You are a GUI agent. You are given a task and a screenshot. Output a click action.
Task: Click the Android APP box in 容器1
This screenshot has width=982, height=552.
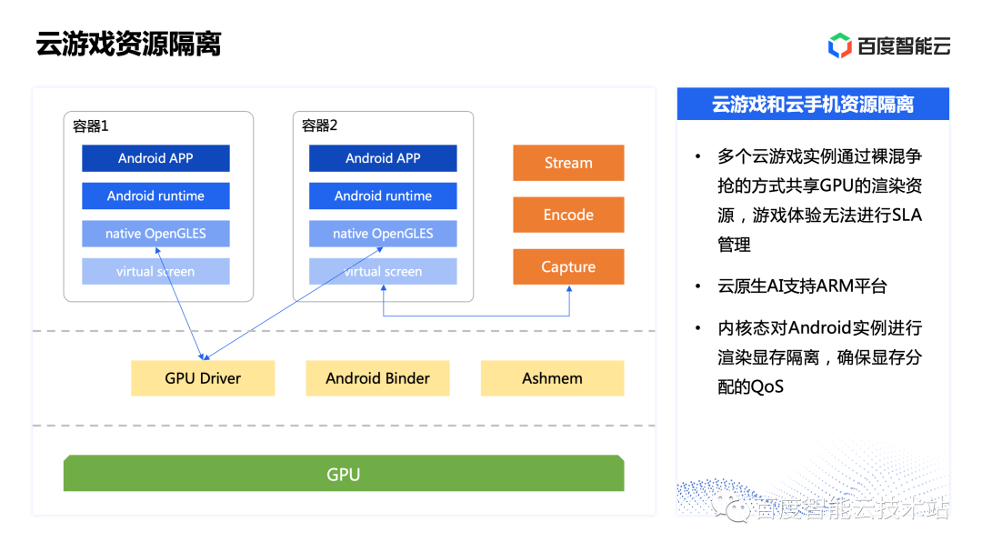[155, 158]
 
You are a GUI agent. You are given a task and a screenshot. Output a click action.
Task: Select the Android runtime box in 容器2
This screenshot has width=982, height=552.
[383, 196]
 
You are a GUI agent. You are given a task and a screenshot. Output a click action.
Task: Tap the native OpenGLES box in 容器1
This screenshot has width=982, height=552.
[155, 233]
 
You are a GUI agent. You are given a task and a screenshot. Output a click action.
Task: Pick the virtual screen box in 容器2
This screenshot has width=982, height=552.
[383, 271]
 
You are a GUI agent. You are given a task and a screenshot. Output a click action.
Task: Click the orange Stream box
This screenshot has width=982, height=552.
[568, 163]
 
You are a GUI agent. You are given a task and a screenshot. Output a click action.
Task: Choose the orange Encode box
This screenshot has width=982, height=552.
[568, 215]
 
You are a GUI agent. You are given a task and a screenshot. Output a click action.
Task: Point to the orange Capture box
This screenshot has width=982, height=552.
[568, 267]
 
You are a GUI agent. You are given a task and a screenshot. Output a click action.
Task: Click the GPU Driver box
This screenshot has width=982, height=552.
[203, 377]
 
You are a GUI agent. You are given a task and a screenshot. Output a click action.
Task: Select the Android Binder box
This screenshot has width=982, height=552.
[377, 377]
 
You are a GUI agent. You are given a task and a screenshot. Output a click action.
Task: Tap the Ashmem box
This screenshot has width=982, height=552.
[553, 377]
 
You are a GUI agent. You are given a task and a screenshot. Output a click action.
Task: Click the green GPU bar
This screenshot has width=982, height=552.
[344, 473]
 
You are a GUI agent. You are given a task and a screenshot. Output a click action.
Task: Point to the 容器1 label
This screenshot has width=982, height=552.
[91, 125]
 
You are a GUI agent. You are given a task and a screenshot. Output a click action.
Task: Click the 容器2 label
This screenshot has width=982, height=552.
[319, 125]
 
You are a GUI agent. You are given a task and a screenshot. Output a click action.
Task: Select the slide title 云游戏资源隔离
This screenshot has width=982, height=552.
[128, 44]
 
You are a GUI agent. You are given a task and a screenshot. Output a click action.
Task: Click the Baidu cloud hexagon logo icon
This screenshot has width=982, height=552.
[840, 45]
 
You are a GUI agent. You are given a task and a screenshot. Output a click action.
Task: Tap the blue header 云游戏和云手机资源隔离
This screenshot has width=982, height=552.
[813, 104]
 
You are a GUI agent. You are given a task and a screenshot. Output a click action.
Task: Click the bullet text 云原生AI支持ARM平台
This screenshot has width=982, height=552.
[802, 286]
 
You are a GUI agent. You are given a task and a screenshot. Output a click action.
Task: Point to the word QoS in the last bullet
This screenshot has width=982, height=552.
[767, 386]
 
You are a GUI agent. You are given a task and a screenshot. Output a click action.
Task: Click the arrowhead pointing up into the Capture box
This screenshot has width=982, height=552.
[569, 289]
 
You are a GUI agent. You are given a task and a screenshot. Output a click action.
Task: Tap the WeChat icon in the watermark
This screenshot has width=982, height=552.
[731, 507]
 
